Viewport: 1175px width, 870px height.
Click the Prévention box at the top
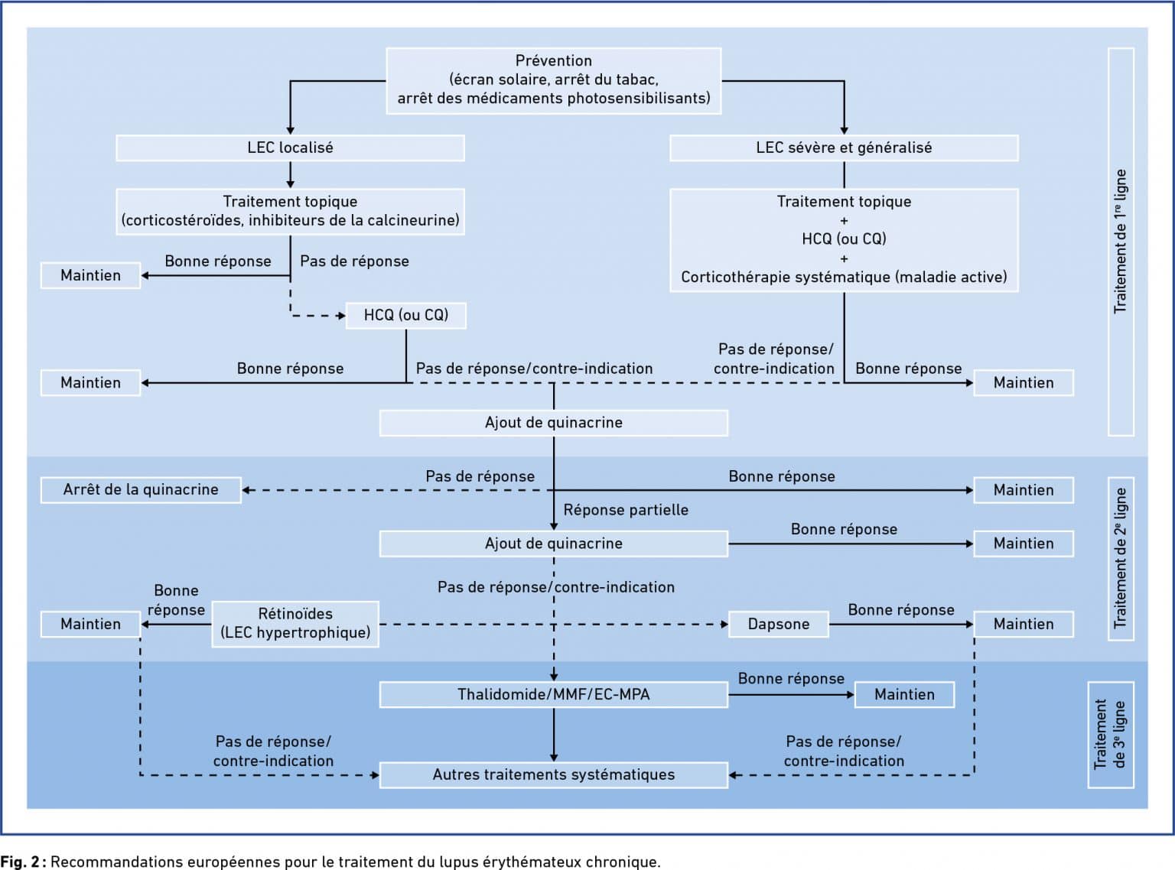[554, 81]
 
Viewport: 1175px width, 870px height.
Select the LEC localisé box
[290, 148]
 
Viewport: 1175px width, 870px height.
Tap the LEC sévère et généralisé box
[844, 148]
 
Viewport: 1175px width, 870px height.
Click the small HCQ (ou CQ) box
[406, 316]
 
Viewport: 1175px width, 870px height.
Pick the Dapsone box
[779, 625]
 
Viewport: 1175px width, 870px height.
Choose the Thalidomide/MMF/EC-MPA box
[554, 695]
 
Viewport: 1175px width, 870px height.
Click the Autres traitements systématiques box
[554, 775]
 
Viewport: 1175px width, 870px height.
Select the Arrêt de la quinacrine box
[141, 490]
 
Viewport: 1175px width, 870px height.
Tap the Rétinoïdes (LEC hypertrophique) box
[295, 624]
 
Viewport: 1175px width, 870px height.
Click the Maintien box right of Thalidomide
[905, 695]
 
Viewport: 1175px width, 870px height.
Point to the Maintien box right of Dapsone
[1024, 625]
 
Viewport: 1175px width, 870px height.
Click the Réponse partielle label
[626, 510]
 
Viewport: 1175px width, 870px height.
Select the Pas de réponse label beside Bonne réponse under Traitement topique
[354, 261]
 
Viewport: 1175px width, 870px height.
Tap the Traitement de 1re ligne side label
[1121, 242]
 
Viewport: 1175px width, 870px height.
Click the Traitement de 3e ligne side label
[1111, 735]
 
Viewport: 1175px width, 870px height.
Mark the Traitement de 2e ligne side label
[1121, 559]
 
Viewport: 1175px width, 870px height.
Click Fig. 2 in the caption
[20, 862]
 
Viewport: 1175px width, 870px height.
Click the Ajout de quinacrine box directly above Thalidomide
[554, 544]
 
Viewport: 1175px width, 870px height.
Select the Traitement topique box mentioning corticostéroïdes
[290, 212]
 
